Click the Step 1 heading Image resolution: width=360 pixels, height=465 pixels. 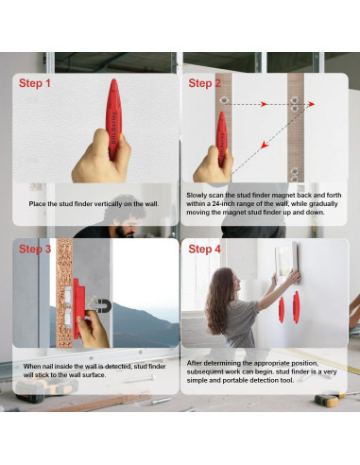(x=35, y=83)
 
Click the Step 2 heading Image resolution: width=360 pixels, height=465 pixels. (x=204, y=83)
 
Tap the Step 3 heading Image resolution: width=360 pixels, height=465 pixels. (x=35, y=249)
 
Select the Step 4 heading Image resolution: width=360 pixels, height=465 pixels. (x=204, y=249)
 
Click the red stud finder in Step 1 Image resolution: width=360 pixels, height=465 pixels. (x=113, y=120)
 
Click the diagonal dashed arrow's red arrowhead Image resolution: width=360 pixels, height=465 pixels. (x=265, y=145)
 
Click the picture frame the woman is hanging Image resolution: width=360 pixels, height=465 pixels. (x=286, y=260)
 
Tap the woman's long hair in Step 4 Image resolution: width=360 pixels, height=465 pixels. (x=218, y=300)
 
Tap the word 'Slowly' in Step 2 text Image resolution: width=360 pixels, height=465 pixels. (x=197, y=196)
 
